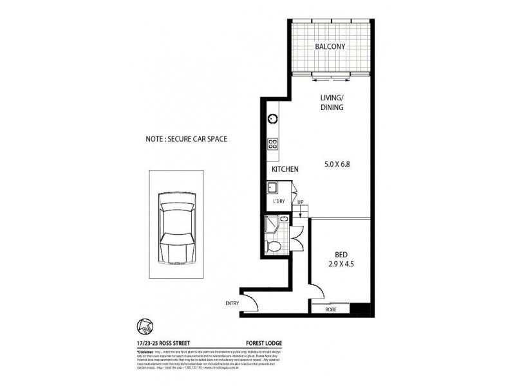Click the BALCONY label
[x=331, y=47]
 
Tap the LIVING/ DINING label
[x=333, y=103]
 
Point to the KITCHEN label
[x=285, y=169]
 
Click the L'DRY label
[x=279, y=202]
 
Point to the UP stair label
[x=300, y=202]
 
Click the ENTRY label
[x=232, y=303]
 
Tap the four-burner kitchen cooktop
[x=272, y=145]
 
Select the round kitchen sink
[x=272, y=118]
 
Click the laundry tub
[x=272, y=188]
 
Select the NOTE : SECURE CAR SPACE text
[x=187, y=138]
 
